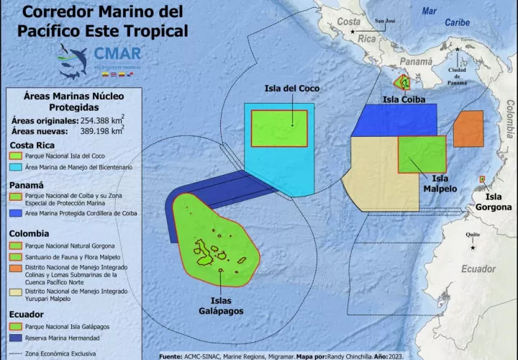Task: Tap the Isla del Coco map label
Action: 291,89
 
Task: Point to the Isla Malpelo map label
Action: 440,184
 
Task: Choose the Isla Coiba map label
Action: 403,99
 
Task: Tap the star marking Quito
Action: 473,248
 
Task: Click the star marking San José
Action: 353,31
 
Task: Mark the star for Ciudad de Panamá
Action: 458,49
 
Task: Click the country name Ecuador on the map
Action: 478,269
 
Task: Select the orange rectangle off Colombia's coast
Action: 468,129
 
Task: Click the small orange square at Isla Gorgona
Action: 482,179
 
